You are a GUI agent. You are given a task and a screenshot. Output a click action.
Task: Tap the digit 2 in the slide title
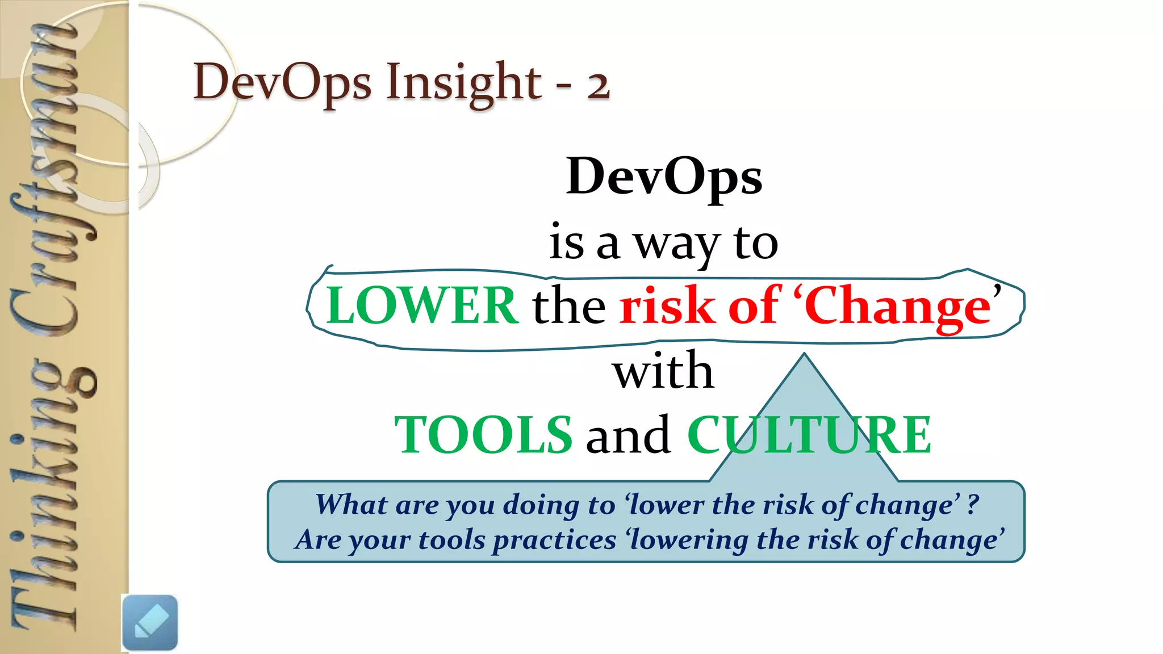click(x=598, y=85)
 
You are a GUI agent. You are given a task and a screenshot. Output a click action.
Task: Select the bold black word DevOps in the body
click(x=664, y=177)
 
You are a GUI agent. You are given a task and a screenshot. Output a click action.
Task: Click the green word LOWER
click(x=422, y=306)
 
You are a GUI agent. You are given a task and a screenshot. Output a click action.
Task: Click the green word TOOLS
click(x=483, y=435)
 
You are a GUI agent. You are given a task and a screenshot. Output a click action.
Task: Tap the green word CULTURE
click(x=809, y=435)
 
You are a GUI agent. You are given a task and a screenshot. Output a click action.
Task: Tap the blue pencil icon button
click(x=150, y=622)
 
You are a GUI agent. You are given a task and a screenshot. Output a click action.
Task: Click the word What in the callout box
click(x=352, y=504)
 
